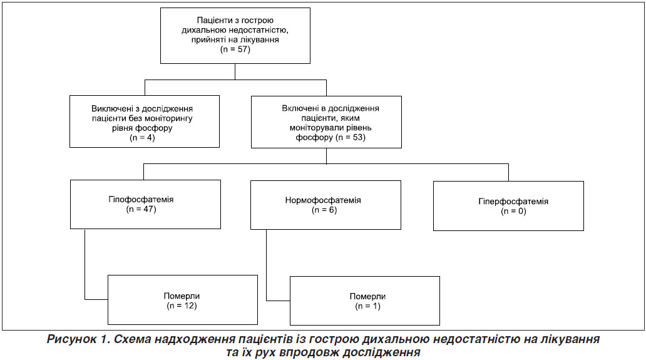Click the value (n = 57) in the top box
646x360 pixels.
click(235, 49)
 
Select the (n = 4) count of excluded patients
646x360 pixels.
click(143, 138)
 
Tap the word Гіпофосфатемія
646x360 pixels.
click(141, 199)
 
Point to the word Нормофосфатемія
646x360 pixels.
click(323, 200)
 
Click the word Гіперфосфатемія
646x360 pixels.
click(513, 202)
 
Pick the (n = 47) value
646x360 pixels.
click(141, 209)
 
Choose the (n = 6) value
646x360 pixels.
click(324, 210)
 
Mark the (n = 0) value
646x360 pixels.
click(513, 212)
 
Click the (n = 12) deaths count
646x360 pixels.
click(182, 306)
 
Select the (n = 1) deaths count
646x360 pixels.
click(367, 306)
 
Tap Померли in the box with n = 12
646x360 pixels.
click(182, 296)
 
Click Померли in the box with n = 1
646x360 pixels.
click(367, 297)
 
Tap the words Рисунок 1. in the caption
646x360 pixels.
click(78, 339)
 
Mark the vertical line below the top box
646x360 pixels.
click(235, 71)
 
